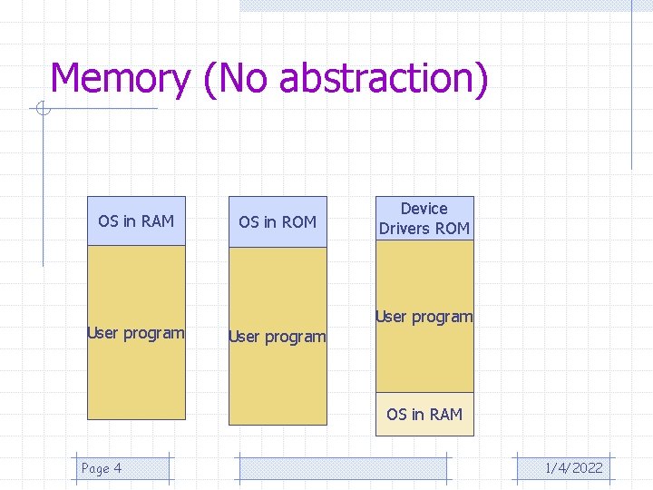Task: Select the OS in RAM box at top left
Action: pos(136,220)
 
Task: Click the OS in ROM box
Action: pos(278,221)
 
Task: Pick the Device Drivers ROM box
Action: pos(424,219)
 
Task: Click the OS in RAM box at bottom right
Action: pos(424,415)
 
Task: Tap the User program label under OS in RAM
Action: pos(136,333)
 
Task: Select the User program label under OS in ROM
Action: pos(278,337)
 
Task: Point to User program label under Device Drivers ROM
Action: pos(424,317)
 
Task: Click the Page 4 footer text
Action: pos(102,468)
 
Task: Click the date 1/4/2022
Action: pos(573,468)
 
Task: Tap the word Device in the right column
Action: pos(424,209)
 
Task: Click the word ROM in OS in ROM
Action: pos(299,221)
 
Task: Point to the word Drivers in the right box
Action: pos(405,229)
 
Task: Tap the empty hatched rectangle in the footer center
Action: pos(343,468)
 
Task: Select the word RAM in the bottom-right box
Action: pos(445,415)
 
